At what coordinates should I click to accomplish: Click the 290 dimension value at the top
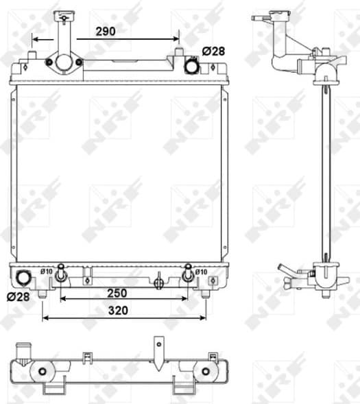point(106,32)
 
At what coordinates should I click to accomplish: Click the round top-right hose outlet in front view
point(193,67)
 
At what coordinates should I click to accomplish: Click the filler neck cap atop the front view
point(65,14)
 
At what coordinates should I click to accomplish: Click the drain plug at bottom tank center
point(158,281)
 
